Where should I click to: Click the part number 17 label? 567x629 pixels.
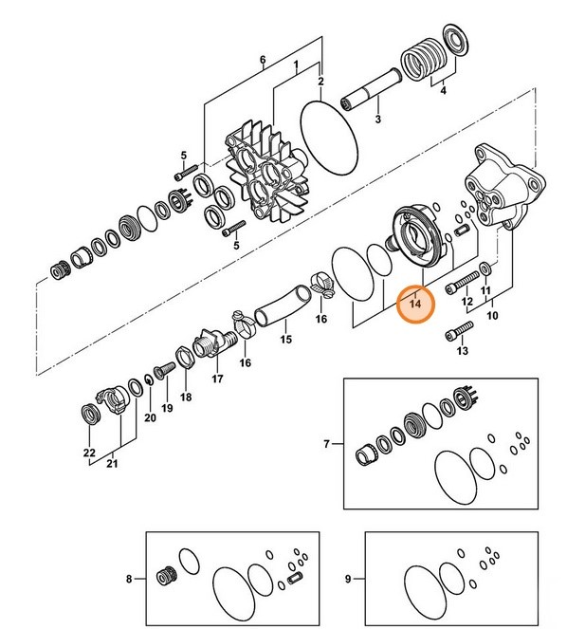[217, 379]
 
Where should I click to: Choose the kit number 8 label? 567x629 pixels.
[130, 577]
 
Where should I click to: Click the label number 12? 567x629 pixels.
[466, 302]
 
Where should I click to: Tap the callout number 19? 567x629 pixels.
[167, 408]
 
